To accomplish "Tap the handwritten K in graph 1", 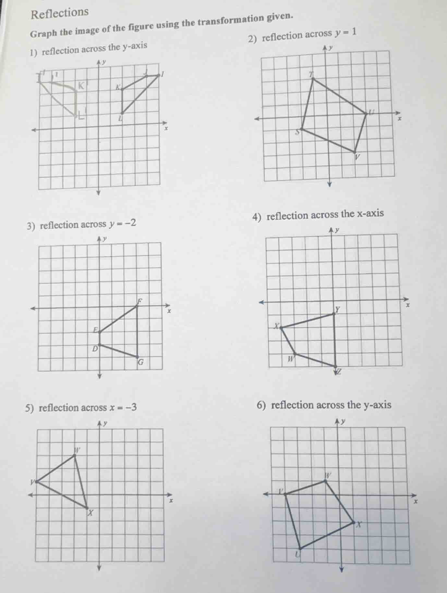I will click(81, 86).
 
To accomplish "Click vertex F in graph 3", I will click(137, 306).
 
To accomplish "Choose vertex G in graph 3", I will click(137, 357).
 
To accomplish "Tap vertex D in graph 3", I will click(100, 344).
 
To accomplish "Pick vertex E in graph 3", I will click(100, 332).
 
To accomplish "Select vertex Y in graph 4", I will click(334, 313).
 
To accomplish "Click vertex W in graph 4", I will click(295, 353).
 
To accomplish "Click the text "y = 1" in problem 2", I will click(346, 32).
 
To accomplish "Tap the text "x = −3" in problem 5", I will click(124, 407).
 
